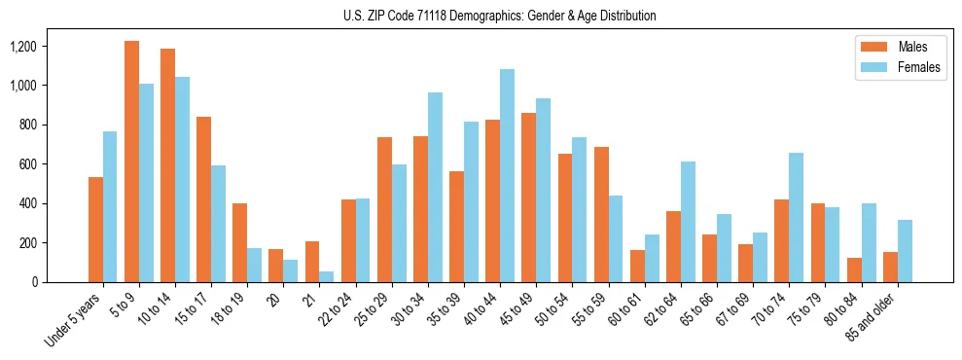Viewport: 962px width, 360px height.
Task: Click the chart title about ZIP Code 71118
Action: click(500, 16)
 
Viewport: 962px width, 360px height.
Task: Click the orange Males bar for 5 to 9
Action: click(131, 162)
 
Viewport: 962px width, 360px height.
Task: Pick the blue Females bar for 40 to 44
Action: click(507, 175)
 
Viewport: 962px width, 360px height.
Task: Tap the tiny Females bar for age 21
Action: click(327, 276)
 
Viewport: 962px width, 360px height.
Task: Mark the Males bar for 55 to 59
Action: click(601, 214)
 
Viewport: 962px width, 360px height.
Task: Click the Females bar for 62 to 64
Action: click(688, 222)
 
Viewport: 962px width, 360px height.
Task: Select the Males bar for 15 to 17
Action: click(203, 199)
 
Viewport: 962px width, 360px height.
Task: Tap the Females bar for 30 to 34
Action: click(435, 187)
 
